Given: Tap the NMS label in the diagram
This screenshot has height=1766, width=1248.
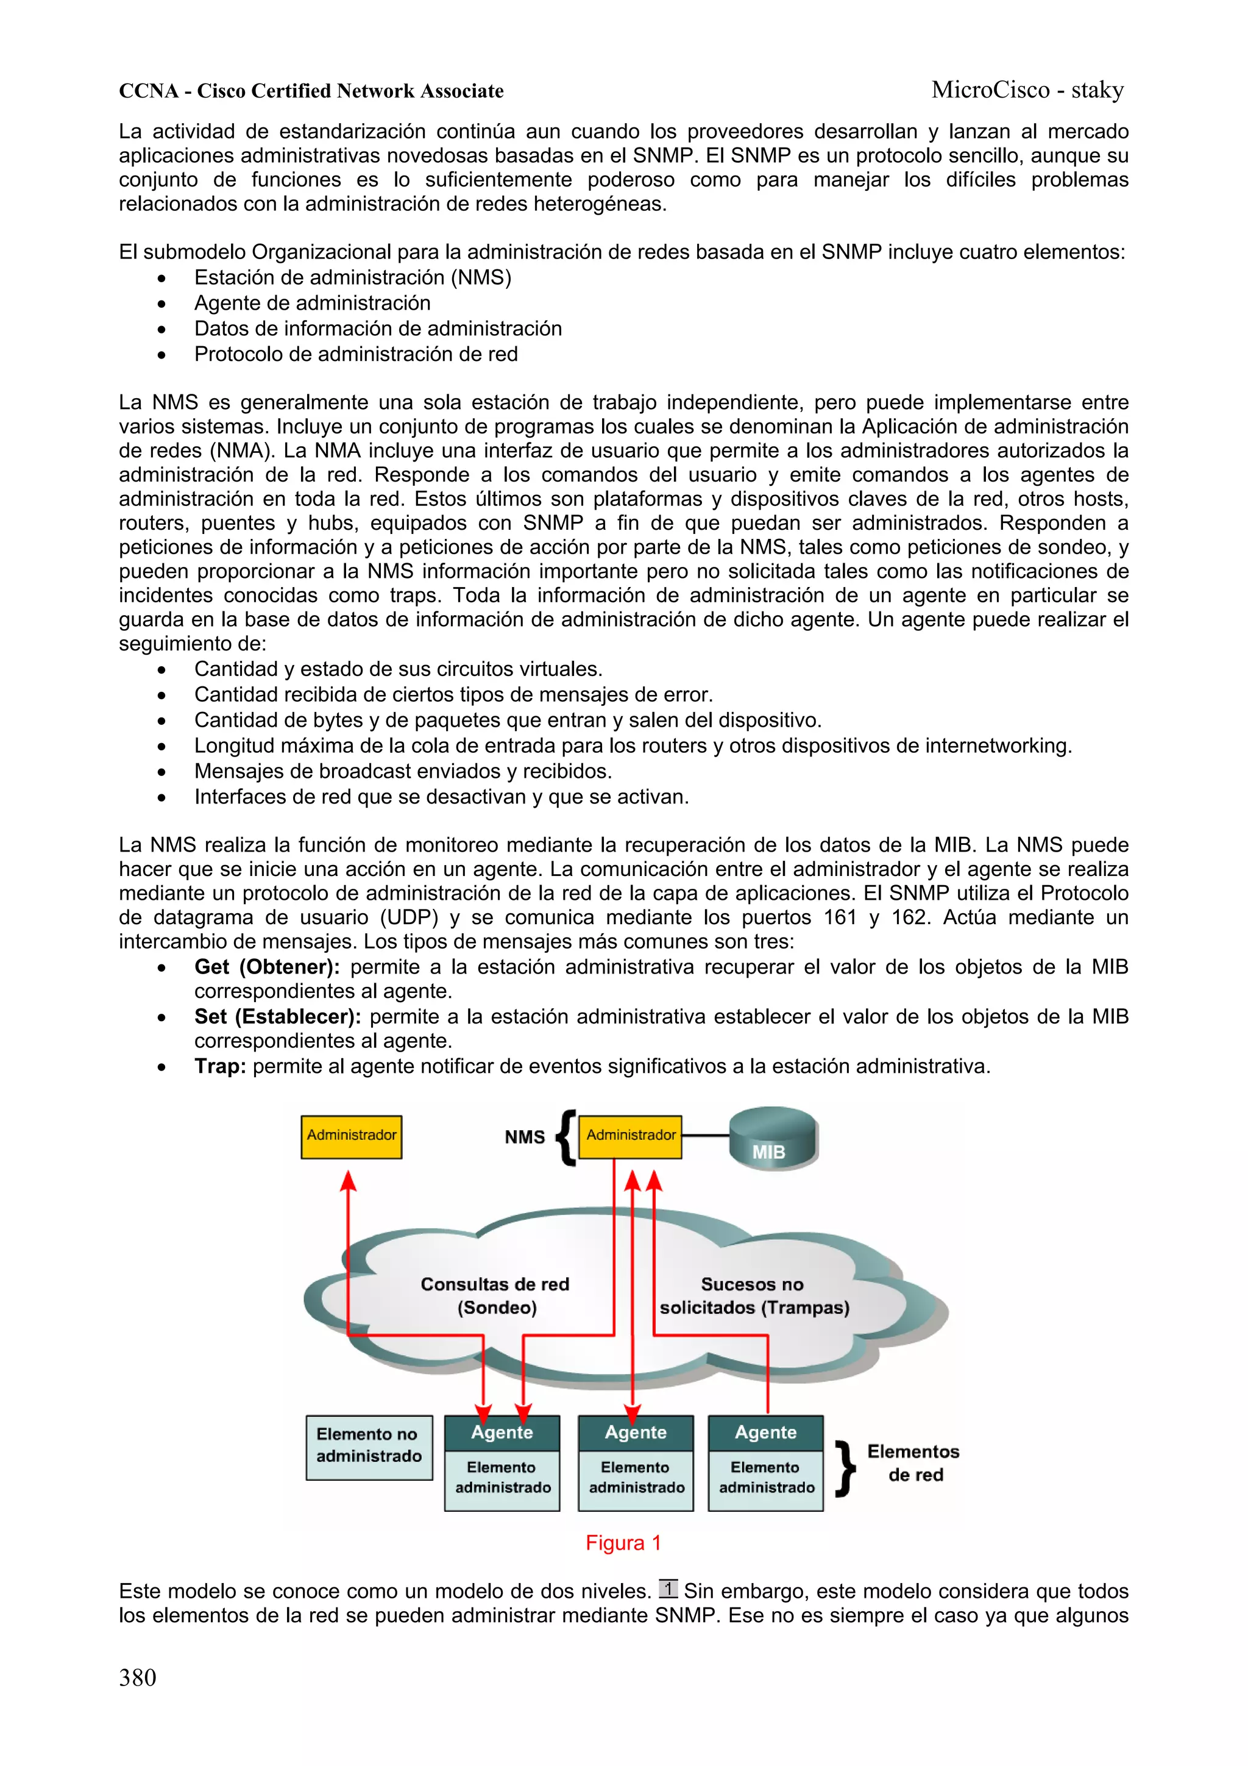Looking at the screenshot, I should [525, 1137].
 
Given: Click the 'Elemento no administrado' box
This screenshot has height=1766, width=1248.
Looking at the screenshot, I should [368, 1447].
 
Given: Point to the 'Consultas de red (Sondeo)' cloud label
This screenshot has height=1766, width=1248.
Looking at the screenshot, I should [495, 1295].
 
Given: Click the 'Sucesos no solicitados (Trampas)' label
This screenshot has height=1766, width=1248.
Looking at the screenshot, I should [754, 1295].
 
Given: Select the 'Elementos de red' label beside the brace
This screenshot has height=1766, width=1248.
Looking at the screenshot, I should [913, 1463].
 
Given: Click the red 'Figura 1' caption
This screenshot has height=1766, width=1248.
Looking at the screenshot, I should [623, 1543].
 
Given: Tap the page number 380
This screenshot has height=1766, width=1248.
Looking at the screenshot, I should [138, 1677].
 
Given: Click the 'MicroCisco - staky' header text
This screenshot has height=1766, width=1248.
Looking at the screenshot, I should [1027, 90].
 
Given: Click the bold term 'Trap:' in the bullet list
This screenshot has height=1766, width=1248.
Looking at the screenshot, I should [220, 1066].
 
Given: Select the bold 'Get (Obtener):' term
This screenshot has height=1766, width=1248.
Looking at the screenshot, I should [267, 967].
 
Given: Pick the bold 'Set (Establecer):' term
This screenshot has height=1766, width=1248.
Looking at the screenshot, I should [278, 1017].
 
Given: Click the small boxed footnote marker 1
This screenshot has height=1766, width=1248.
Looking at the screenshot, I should [668, 1589].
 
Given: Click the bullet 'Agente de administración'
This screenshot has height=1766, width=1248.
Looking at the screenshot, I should [312, 303].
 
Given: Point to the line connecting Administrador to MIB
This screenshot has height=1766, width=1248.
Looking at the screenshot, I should [705, 1135].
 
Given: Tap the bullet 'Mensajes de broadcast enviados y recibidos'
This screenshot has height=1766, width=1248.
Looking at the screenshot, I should [403, 772].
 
